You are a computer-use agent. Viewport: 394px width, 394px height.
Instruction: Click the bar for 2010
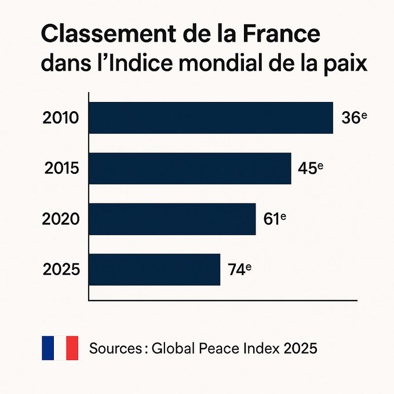(x=211, y=118)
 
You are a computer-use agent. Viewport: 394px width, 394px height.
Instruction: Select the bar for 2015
(x=189, y=168)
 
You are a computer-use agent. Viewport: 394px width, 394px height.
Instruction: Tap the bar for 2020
(x=172, y=218)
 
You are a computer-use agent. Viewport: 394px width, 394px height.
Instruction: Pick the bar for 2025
(x=154, y=269)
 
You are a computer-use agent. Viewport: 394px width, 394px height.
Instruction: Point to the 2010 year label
(x=61, y=118)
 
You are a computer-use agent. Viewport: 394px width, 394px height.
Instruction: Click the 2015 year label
(x=63, y=169)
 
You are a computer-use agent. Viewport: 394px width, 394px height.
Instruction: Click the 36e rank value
(x=354, y=118)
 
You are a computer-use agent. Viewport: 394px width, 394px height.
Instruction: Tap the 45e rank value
(x=310, y=168)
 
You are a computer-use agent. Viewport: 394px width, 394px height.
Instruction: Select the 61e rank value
(x=275, y=219)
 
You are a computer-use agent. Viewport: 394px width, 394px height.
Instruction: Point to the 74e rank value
(x=239, y=269)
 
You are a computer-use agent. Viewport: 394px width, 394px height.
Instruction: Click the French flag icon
(x=60, y=348)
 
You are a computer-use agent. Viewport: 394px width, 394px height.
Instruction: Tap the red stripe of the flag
(x=72, y=348)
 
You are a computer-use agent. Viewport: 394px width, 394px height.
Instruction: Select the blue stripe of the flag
(x=48, y=348)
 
